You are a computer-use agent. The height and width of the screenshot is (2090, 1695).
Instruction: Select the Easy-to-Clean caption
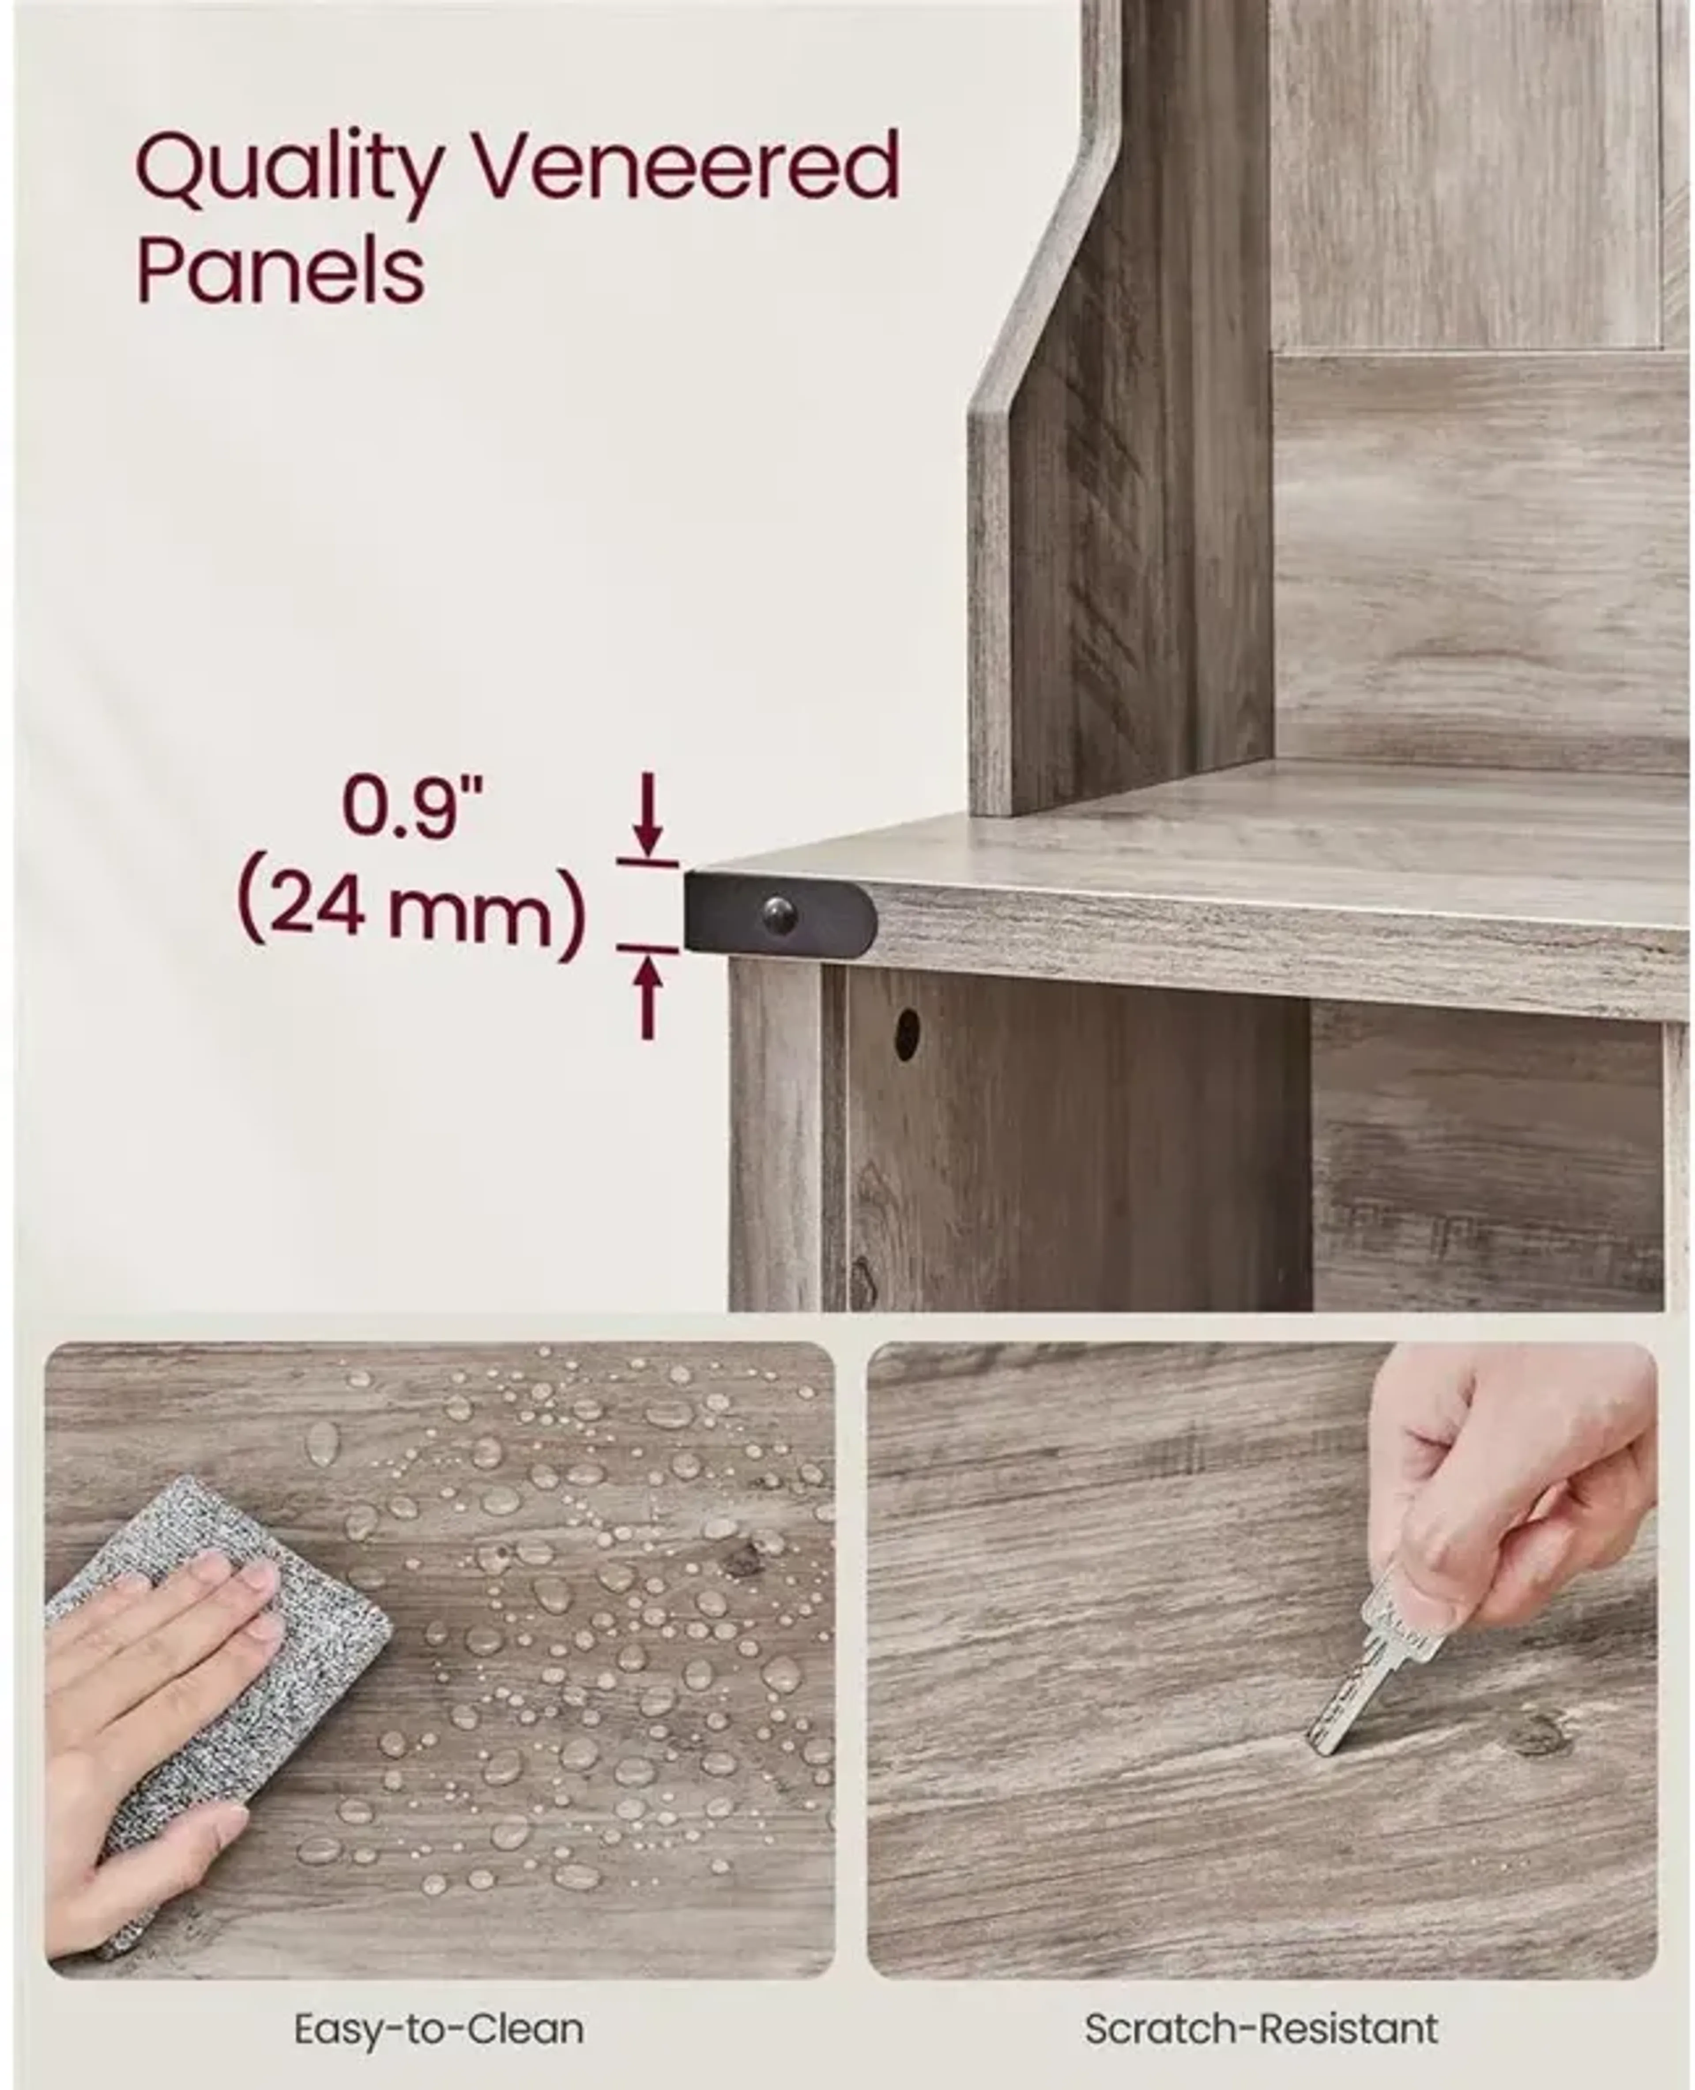439,2021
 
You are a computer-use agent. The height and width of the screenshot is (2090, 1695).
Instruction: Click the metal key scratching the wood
1377,1659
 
